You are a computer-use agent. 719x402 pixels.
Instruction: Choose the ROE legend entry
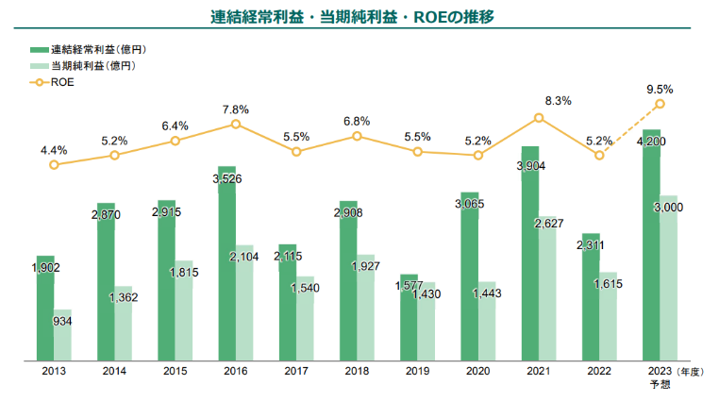point(62,82)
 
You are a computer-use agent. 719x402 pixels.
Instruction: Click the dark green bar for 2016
point(226,264)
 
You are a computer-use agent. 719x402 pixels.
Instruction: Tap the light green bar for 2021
point(548,288)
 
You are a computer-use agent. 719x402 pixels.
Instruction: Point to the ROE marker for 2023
point(660,104)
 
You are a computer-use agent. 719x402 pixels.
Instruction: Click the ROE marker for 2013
point(54,164)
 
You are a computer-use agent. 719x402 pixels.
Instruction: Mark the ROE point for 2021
point(539,118)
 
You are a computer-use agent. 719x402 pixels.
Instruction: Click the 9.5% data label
point(660,89)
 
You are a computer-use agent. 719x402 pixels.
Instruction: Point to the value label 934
point(62,322)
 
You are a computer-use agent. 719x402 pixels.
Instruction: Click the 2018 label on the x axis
point(357,371)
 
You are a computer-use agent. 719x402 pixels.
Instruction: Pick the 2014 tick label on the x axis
point(114,371)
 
